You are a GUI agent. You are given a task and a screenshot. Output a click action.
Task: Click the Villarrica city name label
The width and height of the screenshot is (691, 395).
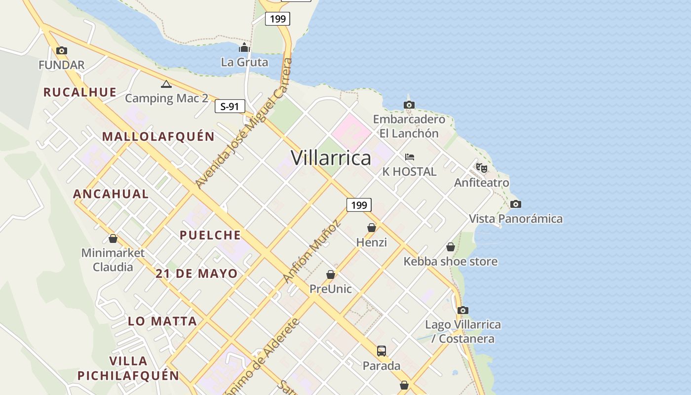[331, 158]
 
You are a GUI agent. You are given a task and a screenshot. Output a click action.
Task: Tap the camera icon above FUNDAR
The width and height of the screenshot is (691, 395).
[62, 50]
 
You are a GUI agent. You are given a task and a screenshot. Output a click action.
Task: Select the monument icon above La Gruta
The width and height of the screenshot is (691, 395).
[244, 47]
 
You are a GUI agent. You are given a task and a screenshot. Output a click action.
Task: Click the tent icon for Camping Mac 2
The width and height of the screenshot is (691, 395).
[166, 84]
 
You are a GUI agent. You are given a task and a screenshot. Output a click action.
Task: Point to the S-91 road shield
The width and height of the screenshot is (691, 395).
[230, 106]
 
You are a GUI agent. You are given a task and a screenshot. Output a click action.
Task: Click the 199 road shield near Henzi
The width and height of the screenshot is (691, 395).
[359, 205]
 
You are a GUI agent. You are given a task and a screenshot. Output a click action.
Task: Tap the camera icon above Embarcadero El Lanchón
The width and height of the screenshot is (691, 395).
[409, 105]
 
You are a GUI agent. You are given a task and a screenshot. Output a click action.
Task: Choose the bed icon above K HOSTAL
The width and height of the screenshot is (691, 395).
[409, 157]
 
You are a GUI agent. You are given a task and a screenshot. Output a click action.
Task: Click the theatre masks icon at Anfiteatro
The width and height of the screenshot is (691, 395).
[482, 168]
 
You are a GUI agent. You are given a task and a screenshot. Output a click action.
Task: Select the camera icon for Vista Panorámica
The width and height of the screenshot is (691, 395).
[515, 204]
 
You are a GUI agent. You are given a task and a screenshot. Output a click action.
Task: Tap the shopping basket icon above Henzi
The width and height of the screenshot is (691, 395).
[372, 228]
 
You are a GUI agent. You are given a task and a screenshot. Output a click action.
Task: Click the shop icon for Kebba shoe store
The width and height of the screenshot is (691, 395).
[450, 247]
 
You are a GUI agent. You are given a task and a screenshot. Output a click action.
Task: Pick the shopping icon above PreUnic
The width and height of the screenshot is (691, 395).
[330, 275]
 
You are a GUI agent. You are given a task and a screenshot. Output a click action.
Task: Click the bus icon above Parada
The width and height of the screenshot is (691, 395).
[382, 351]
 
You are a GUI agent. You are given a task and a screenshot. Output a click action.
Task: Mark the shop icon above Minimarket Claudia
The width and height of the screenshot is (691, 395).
[113, 239]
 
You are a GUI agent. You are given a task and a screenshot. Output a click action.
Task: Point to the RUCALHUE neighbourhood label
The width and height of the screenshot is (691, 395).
[80, 92]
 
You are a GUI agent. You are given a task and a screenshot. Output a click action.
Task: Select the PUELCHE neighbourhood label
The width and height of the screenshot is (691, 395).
[210, 235]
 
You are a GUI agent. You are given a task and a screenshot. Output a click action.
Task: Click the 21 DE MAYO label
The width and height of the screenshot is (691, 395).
[196, 274]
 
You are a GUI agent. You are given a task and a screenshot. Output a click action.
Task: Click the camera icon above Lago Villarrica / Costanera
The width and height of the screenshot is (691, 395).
[462, 311]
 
